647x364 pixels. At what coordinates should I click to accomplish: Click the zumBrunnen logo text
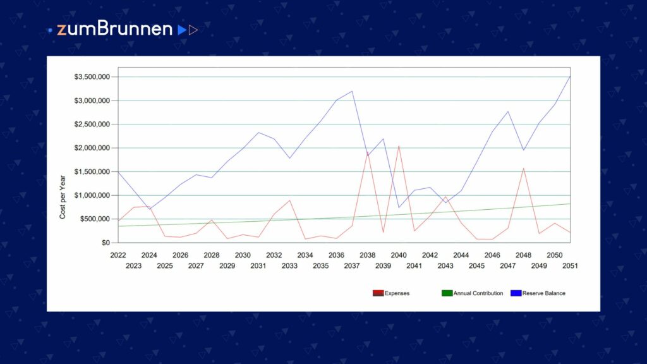point(114,29)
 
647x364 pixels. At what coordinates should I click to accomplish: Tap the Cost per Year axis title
point(63,197)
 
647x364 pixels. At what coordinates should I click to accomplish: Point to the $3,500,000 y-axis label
point(92,76)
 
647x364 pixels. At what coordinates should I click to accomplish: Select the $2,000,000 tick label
point(92,148)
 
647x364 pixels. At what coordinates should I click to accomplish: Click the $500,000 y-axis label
point(95,219)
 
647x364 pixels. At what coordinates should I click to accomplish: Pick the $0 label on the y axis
point(106,243)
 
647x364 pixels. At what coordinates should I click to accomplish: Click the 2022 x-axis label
point(118,255)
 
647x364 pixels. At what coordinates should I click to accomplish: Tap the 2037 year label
point(351,266)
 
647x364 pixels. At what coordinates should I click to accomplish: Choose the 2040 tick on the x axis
point(399,255)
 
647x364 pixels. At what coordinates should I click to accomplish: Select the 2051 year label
point(570,266)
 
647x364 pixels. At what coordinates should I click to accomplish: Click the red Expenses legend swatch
point(378,293)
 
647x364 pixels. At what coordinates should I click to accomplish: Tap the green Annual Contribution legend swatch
point(447,293)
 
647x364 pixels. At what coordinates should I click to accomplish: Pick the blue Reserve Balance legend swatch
point(516,293)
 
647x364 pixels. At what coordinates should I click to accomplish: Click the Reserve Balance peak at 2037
point(352,91)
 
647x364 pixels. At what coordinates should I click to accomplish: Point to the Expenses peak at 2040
point(399,146)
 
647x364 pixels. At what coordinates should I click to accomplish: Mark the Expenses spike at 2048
point(524,168)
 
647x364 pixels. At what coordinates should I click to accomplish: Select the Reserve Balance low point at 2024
point(149,209)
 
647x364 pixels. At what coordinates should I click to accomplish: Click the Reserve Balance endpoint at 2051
point(571,76)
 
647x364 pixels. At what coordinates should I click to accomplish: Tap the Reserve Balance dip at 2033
point(289,158)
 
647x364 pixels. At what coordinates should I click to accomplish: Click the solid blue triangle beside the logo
point(181,30)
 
